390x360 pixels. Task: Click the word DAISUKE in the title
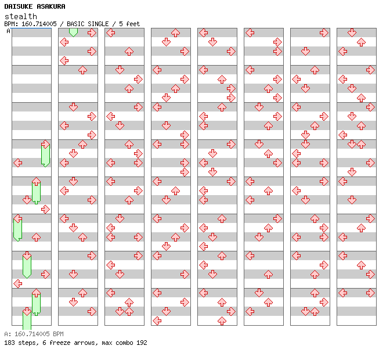[18, 6]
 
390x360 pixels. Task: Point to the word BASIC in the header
[77, 24]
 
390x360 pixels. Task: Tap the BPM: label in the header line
[10, 24]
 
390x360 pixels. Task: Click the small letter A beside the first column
[8, 31]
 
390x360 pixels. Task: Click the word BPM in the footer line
[57, 334]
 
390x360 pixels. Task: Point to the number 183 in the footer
[9, 343]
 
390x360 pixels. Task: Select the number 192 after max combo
[141, 343]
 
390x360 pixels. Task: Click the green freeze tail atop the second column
[73, 32]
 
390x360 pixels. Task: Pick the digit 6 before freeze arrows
[41, 343]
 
